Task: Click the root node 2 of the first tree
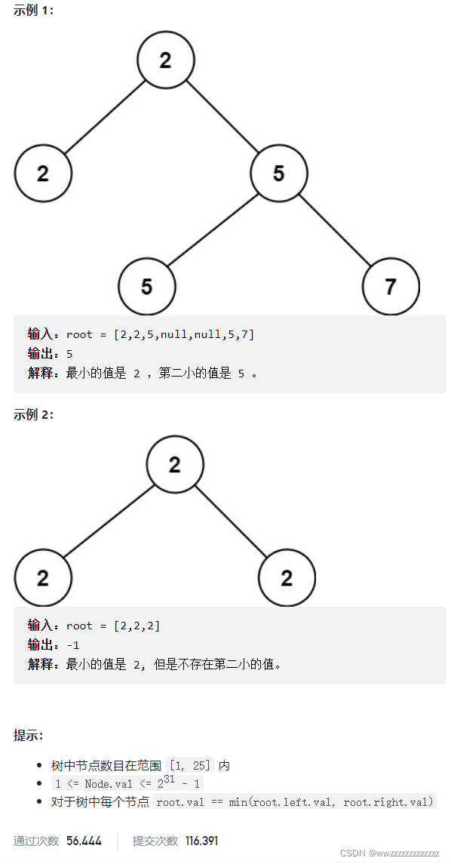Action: pos(166,60)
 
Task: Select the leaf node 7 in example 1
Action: pos(391,287)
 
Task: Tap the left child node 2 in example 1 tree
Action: pos(43,174)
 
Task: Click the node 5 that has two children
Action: pos(279,174)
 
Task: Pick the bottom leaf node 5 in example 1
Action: pos(147,287)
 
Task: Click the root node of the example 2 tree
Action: pos(175,465)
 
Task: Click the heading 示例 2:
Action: pos(34,414)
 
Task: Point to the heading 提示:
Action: pos(29,735)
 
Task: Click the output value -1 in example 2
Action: pos(73,645)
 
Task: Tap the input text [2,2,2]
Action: pos(137,626)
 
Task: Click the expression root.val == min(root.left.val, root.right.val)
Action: pos(296,802)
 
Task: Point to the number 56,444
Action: pos(84,841)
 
